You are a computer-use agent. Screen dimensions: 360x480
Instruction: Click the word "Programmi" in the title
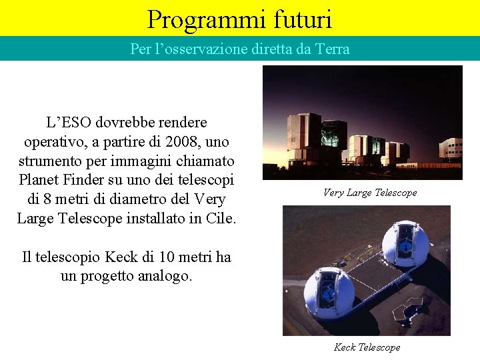tap(197, 19)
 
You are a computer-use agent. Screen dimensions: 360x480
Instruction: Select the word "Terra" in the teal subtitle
tap(331, 49)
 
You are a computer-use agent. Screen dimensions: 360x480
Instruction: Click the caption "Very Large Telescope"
tap(370, 193)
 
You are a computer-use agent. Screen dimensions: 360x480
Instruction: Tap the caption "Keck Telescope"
tap(367, 347)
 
